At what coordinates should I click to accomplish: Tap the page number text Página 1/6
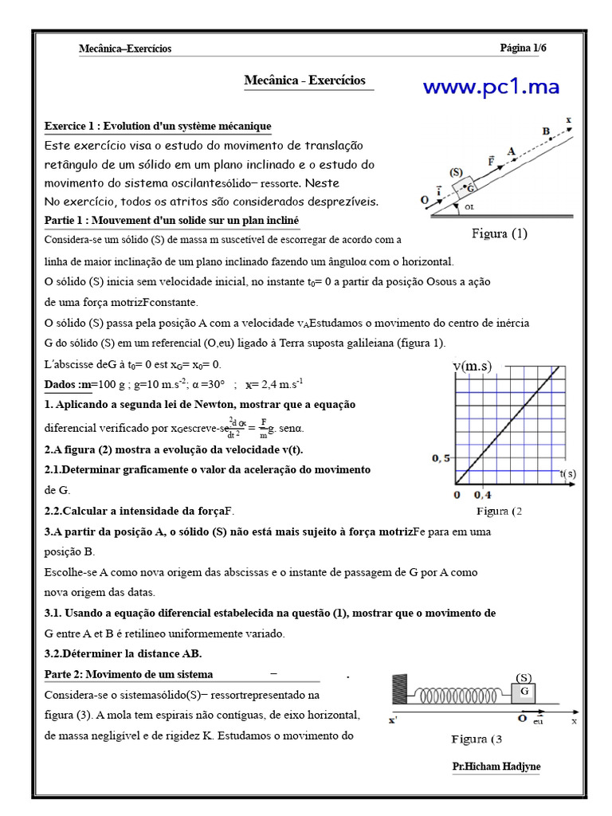(523, 49)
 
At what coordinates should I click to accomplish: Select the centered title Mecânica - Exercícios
(304, 80)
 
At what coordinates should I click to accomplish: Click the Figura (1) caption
(500, 233)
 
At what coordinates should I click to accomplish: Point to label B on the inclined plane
(546, 131)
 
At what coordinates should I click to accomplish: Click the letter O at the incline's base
(424, 202)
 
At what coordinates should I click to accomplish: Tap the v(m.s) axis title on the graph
(473, 366)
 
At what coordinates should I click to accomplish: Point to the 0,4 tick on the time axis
(483, 495)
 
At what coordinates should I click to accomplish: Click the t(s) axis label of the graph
(567, 474)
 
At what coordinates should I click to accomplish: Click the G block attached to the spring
(525, 692)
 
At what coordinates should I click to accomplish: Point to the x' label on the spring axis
(393, 721)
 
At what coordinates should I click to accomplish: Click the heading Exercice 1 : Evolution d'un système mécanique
(158, 126)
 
